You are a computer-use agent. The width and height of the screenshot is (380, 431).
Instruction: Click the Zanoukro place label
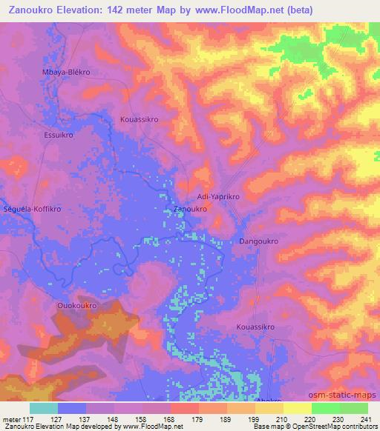pyautogui.click(x=189, y=210)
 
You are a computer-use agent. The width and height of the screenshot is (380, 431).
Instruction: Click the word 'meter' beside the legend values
pyautogui.click(x=13, y=418)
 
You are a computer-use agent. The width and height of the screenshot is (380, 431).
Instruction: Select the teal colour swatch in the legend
pyautogui.click(x=44, y=408)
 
